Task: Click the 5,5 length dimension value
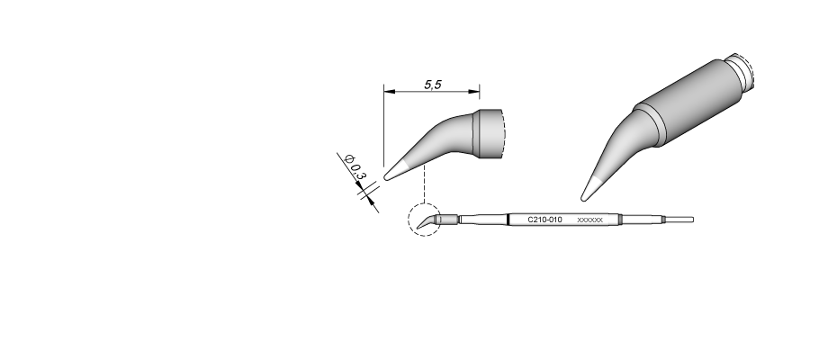[433, 85]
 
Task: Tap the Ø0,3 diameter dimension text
[355, 167]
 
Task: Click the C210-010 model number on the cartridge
[544, 220]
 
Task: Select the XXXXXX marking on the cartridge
[589, 220]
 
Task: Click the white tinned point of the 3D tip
[591, 189]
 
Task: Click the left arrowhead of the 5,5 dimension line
[389, 91]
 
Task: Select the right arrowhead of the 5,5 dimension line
[473, 91]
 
